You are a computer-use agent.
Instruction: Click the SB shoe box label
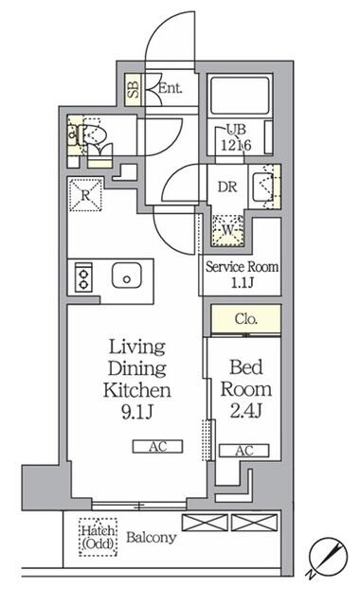[x=134, y=90]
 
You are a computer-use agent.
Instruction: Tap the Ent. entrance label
[x=171, y=88]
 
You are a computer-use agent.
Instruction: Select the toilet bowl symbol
[x=93, y=134]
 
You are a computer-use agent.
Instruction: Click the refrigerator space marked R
[x=85, y=194]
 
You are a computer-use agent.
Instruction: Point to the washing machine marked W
[x=227, y=230]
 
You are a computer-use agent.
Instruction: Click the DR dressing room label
[x=227, y=187]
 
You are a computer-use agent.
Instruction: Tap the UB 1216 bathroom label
[x=236, y=137]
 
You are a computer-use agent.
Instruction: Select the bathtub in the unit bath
[x=240, y=96]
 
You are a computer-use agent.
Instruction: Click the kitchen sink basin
[x=127, y=276]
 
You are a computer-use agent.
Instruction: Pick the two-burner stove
[x=83, y=277]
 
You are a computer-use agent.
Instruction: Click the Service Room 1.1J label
[x=243, y=275]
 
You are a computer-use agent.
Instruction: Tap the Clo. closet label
[x=246, y=319]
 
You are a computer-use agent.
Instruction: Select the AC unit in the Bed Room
[x=244, y=451]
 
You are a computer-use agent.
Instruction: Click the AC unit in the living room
[x=158, y=446]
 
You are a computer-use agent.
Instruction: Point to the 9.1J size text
[x=137, y=413]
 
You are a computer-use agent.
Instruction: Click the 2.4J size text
[x=246, y=411]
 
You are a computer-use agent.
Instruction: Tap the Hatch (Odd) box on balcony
[x=99, y=537]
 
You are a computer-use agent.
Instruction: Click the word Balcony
[x=152, y=537]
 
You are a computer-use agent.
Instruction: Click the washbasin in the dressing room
[x=263, y=187]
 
